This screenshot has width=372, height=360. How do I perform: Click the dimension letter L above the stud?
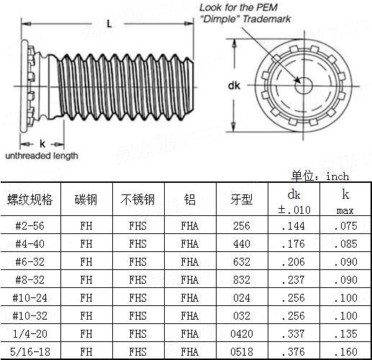point(109,24)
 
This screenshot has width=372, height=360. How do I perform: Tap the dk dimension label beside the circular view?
point(234,86)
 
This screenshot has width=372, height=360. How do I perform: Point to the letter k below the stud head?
point(42,144)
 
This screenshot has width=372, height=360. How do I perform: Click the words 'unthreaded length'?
point(42,156)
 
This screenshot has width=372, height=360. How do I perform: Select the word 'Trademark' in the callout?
point(267,19)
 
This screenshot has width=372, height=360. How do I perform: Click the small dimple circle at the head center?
point(304,86)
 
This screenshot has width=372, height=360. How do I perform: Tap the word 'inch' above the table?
point(337,176)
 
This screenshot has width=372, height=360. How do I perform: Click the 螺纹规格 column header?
point(30,199)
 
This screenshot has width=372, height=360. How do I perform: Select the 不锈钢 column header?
point(137,199)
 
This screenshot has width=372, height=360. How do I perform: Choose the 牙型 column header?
point(242,199)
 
